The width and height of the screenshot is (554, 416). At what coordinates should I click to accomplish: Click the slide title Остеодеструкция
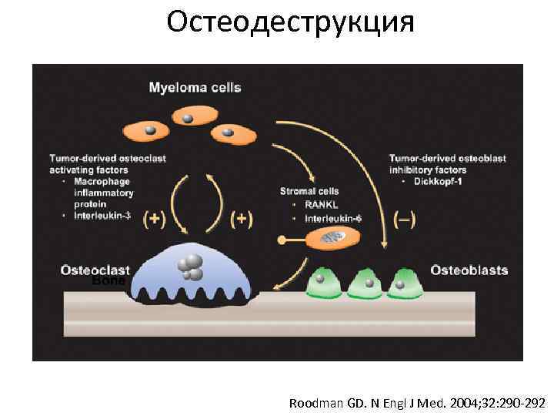[290, 22]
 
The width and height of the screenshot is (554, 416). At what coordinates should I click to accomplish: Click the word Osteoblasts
[469, 270]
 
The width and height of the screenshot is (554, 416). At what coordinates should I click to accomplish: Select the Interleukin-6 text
[334, 218]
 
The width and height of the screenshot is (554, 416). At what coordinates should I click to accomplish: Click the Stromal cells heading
[309, 191]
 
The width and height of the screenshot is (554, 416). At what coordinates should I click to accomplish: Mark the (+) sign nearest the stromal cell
[242, 218]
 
